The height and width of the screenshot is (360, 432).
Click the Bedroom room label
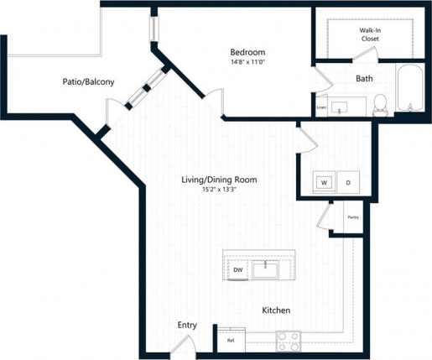[247, 51]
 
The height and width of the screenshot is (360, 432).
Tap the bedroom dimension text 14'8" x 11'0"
[247, 61]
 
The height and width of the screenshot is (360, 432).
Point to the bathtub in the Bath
[411, 90]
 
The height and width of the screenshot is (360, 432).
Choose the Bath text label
[364, 79]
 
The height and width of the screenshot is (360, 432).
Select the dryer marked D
[347, 182]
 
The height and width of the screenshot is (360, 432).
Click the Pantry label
[352, 217]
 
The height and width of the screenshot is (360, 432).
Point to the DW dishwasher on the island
[238, 269]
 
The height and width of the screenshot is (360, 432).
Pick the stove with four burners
[289, 341]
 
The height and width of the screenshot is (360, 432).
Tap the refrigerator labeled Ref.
[231, 341]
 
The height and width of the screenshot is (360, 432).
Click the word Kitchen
[276, 310]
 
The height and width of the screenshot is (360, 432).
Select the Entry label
[186, 325]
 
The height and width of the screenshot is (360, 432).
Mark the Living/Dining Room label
[219, 180]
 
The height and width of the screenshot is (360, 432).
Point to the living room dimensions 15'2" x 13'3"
[219, 190]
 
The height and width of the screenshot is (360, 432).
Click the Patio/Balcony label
[88, 81]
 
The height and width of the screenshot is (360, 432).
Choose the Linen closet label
[321, 107]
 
